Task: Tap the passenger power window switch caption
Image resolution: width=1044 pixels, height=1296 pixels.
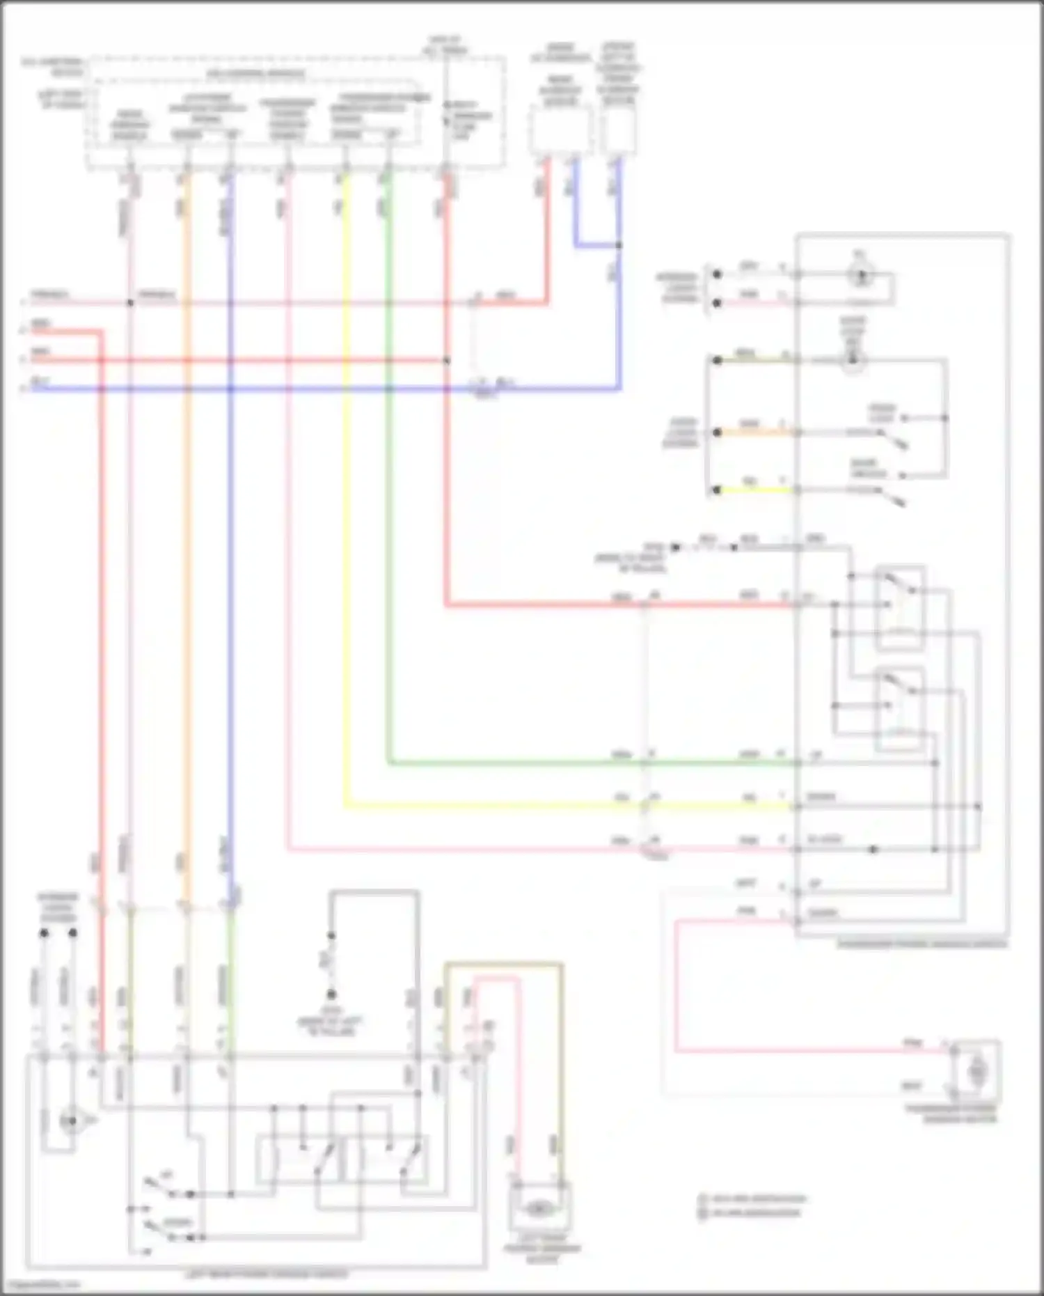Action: pyautogui.click(x=922, y=945)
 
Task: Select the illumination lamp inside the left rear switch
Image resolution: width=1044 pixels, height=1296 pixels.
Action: pyautogui.click(x=69, y=1121)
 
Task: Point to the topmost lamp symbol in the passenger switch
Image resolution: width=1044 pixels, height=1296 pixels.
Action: pyautogui.click(x=861, y=275)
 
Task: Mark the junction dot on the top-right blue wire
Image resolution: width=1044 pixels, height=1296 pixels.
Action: pyautogui.click(x=619, y=245)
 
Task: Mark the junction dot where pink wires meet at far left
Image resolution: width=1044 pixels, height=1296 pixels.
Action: pyautogui.click(x=130, y=303)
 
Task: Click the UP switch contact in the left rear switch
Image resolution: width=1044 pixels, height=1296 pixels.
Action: pyautogui.click(x=160, y=1183)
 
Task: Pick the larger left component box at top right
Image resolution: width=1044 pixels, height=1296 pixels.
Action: pyautogui.click(x=560, y=131)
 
